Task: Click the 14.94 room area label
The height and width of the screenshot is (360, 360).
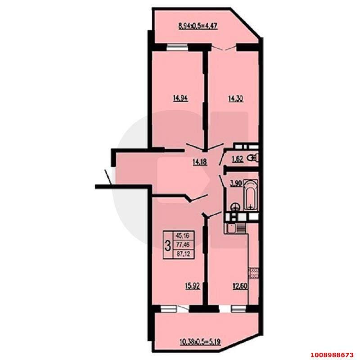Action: coord(180,98)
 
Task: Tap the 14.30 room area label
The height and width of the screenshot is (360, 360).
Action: coord(235,99)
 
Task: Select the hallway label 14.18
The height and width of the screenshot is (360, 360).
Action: coord(200,162)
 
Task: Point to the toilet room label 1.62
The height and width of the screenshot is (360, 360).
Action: coord(238,159)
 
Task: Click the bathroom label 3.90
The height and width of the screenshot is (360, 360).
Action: coord(236,183)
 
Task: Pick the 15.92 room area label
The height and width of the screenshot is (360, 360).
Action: coord(193,286)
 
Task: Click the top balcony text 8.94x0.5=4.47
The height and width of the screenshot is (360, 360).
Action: coord(198,26)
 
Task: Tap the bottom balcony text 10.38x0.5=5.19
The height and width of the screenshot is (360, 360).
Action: coord(200,342)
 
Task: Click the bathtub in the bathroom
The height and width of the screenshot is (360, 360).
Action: coord(251,195)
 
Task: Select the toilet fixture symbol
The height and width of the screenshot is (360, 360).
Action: coord(253,158)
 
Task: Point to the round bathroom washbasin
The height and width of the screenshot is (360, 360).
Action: coord(235,207)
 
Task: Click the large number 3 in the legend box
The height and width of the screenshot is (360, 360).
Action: coord(168,245)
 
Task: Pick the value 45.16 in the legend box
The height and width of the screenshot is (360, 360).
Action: coord(183,235)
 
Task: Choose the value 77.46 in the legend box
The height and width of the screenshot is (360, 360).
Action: coord(183,245)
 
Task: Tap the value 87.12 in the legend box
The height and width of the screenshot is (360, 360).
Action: coord(183,254)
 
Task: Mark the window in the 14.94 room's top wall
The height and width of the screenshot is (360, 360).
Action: coord(177,47)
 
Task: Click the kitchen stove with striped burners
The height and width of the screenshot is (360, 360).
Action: coord(241,228)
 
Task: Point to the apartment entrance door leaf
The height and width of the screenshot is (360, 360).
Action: coord(108,177)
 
